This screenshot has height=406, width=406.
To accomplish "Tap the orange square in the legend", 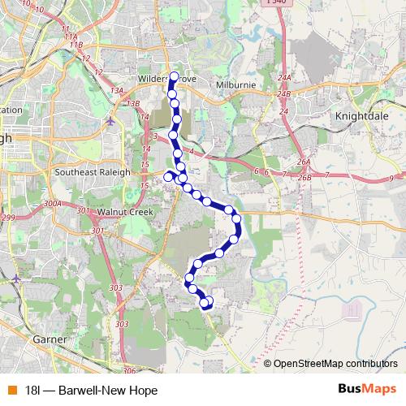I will (x=11, y=389).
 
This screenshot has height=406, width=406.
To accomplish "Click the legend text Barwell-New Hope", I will (x=91, y=389).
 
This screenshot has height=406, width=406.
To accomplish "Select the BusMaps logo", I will (x=369, y=389).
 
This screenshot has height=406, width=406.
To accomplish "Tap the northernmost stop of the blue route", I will (x=173, y=76).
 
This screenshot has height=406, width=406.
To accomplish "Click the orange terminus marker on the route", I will (x=209, y=301).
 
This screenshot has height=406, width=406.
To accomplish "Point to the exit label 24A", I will (x=283, y=77).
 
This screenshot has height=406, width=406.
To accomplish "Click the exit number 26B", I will (x=304, y=177).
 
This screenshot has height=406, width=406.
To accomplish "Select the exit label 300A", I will (x=52, y=203).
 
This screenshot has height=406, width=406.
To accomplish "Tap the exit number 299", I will (x=7, y=218).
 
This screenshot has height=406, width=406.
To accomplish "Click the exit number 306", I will (x=129, y=370).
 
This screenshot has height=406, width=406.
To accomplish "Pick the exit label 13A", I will (x=118, y=91).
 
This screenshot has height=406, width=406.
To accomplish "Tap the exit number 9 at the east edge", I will (x=391, y=177).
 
